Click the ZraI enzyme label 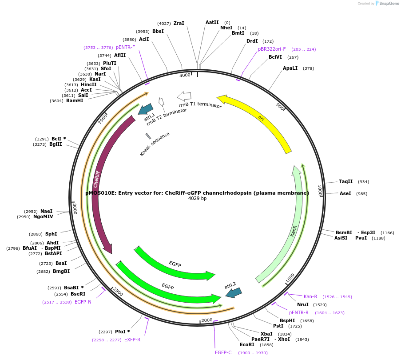click(179, 23)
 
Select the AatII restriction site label click(212, 22)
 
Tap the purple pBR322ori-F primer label click(272, 49)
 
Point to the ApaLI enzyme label click(291, 68)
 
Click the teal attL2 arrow click(234, 292)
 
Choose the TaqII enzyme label click(345, 181)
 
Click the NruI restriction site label click(302, 304)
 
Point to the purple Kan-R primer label click(310, 296)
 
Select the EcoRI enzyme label click(247, 344)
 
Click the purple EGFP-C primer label click(223, 352)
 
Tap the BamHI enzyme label click(75, 100)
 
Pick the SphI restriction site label click(51, 234)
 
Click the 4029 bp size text click(197, 198)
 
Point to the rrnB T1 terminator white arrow click(184, 96)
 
